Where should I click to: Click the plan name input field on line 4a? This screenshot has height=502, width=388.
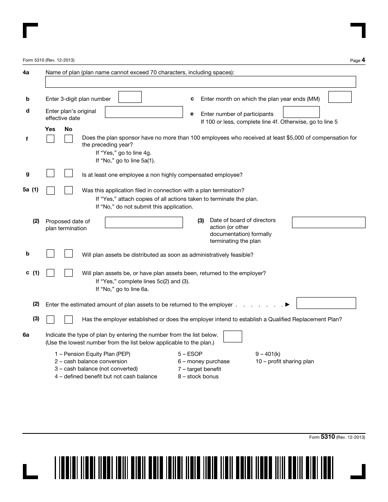pyautogui.click(x=200, y=82)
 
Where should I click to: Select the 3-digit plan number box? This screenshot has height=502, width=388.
pyautogui.click(x=130, y=97)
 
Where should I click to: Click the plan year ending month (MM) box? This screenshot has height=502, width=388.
pyautogui.click(x=340, y=97)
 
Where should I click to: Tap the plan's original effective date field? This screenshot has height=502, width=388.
pyautogui.click(x=144, y=112)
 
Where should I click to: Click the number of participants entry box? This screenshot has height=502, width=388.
pyautogui.click(x=301, y=112)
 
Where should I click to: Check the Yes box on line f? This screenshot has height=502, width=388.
pyautogui.click(x=50, y=139)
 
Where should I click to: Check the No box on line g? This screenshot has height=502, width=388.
pyautogui.click(x=69, y=173)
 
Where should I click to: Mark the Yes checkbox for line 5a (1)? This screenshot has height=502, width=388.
pyautogui.click(x=50, y=191)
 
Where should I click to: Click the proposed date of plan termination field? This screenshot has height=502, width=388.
pyautogui.click(x=144, y=222)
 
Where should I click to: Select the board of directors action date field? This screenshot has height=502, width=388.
pyautogui.click(x=328, y=222)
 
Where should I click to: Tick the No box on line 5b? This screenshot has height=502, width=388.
pyautogui.click(x=69, y=253)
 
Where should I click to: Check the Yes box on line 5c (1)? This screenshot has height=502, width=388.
pyautogui.click(x=50, y=273)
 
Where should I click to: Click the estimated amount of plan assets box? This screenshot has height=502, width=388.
pyautogui.click(x=326, y=303)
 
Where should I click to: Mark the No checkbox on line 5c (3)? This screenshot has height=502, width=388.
pyautogui.click(x=69, y=319)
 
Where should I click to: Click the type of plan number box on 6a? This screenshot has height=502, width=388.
pyautogui.click(x=233, y=336)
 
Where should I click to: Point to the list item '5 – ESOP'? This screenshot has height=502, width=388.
pyautogui.click(x=190, y=354)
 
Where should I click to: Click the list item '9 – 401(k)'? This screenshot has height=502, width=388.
pyautogui.click(x=268, y=354)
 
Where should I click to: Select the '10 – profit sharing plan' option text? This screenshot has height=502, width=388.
pyautogui.click(x=285, y=361)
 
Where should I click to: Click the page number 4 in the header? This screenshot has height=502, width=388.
pyautogui.click(x=363, y=60)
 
